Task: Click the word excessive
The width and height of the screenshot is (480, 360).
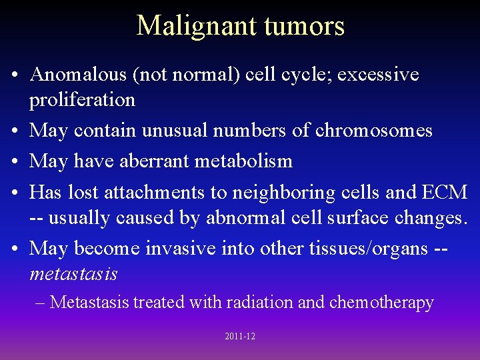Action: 378,75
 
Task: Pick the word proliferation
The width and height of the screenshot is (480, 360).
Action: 82,100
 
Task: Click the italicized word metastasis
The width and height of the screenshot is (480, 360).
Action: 73,274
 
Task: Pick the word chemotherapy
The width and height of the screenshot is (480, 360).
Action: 381,303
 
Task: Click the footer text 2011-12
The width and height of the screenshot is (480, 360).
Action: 240,337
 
